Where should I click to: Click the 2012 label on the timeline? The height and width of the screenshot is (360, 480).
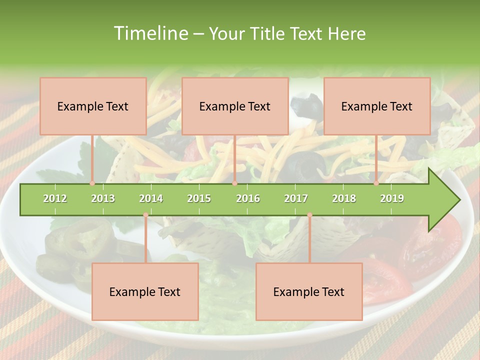tap(55, 198)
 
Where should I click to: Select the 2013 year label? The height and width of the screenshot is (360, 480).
tap(103, 198)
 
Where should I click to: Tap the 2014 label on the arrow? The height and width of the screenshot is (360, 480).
tap(151, 198)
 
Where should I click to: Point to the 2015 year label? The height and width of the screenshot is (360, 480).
tap(199, 198)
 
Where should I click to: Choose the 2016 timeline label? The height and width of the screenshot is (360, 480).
tap(248, 198)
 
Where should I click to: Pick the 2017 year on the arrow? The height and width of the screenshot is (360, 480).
tap(296, 198)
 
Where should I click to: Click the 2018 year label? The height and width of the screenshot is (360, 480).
tap(344, 198)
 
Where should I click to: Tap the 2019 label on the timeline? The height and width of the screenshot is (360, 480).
tap(392, 198)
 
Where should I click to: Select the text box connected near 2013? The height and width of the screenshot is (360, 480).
tap(93, 106)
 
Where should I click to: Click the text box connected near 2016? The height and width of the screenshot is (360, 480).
tap(235, 106)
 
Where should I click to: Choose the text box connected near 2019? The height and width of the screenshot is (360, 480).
tap(377, 106)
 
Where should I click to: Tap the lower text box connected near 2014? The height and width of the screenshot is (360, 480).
tap(145, 291)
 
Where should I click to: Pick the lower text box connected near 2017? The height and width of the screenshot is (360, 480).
tap(309, 291)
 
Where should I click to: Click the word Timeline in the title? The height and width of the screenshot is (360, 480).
tap(150, 33)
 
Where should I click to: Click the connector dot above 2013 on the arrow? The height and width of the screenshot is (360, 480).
tap(92, 183)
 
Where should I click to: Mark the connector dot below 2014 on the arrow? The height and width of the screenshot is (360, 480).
tap(145, 215)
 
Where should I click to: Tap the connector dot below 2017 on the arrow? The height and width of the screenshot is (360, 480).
tap(309, 215)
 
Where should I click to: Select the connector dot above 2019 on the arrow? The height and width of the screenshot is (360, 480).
tap(376, 183)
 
